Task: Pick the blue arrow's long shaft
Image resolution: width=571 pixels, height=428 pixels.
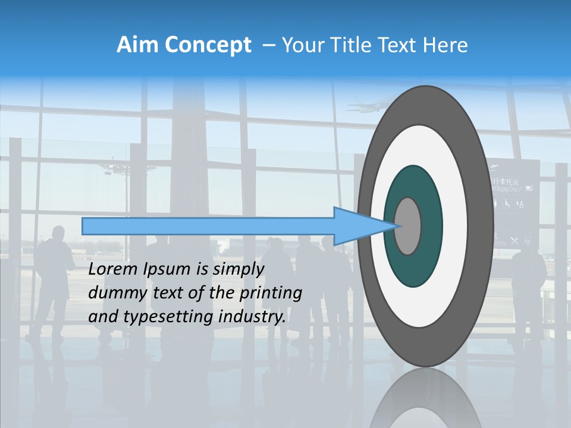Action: click(208, 226)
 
